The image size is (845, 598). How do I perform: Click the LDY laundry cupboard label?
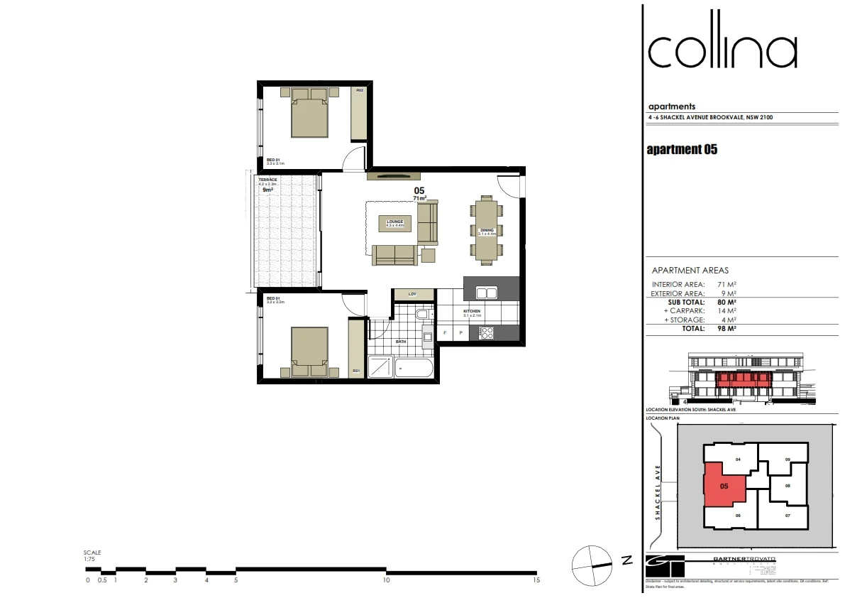(412, 294)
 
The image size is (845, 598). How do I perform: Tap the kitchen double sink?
(486, 292)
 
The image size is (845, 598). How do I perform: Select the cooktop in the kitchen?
(486, 332)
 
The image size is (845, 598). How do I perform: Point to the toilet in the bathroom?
(421, 314)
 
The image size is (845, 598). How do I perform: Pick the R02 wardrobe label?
(360, 91)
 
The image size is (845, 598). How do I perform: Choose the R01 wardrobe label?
(356, 371)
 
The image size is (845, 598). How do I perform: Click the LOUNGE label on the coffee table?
(394, 222)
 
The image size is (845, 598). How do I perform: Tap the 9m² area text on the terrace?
(268, 190)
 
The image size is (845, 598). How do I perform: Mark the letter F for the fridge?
(445, 332)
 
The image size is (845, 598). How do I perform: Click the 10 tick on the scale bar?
(386, 580)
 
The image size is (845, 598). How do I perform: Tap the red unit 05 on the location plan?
(723, 488)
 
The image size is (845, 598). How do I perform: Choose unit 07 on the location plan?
(786, 515)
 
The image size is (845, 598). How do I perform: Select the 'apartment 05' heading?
(683, 150)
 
